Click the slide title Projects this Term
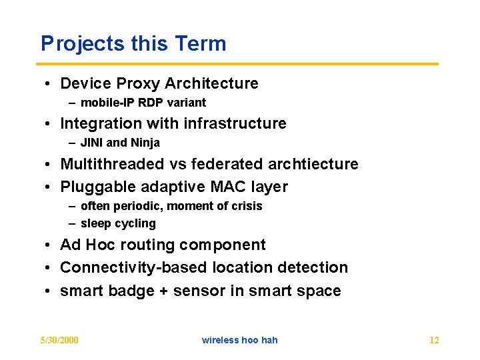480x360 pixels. pyautogui.click(x=133, y=44)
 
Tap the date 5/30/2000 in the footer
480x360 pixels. pyautogui.click(x=59, y=340)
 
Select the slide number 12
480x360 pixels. pyautogui.click(x=433, y=340)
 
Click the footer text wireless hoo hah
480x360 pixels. pyautogui.click(x=239, y=340)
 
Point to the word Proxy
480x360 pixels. pyautogui.click(x=138, y=84)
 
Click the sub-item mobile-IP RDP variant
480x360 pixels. pyautogui.click(x=143, y=103)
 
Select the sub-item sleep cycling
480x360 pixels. pyautogui.click(x=118, y=223)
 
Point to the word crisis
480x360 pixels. pyautogui.click(x=245, y=206)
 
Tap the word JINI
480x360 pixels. pyautogui.click(x=92, y=143)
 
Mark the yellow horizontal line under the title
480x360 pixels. pyautogui.click(x=239, y=64)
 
